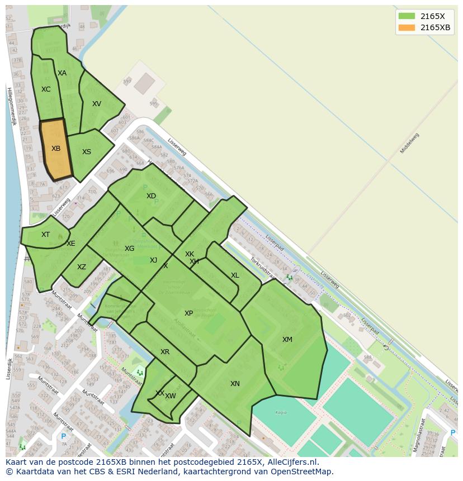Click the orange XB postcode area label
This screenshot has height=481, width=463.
[x=56, y=149]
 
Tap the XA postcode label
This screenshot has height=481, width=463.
[x=62, y=73]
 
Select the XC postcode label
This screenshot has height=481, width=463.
[x=46, y=89]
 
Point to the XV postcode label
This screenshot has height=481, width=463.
[x=97, y=104]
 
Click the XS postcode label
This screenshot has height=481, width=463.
[x=87, y=152]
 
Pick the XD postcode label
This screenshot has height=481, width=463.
[x=151, y=196]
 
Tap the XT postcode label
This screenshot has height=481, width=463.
[x=45, y=235]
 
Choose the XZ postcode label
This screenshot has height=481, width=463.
[x=82, y=267]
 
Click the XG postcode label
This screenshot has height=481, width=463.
[x=129, y=249]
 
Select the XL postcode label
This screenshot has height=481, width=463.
[x=235, y=275]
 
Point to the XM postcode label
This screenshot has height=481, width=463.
[x=287, y=340]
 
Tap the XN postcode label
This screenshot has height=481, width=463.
[x=235, y=384]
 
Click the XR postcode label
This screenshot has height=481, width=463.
[x=165, y=352]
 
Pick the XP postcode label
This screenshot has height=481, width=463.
[x=188, y=313]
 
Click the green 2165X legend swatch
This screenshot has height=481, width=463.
[x=407, y=16]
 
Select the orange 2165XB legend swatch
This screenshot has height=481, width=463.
[x=407, y=27]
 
